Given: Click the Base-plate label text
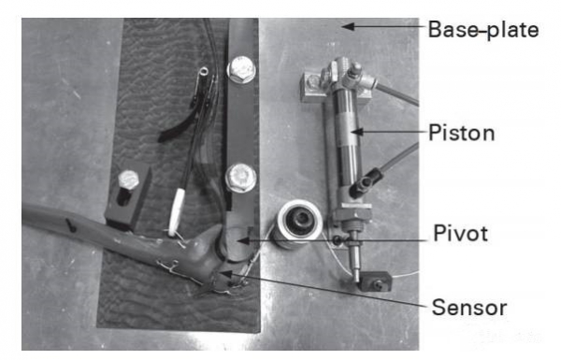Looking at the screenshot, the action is (x=483, y=29).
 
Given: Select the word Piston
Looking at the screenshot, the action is (x=462, y=133).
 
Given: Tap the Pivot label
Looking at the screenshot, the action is (x=460, y=234).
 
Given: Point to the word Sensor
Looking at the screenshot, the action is (x=469, y=308).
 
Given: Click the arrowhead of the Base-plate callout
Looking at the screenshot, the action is (x=348, y=26).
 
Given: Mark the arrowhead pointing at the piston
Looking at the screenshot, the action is (x=357, y=132).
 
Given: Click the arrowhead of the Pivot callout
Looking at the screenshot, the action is (x=243, y=240).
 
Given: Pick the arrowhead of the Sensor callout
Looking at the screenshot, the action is (x=225, y=275).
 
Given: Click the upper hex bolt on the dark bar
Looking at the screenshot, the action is (x=241, y=69).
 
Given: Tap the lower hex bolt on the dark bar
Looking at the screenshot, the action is (x=241, y=178).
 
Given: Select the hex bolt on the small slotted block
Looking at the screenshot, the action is (x=128, y=180).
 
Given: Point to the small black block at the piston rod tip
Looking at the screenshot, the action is (x=375, y=281).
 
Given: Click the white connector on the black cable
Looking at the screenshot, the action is (x=177, y=212).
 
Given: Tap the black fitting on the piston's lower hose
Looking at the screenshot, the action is (x=365, y=181).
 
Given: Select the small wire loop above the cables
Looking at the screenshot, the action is (x=204, y=72).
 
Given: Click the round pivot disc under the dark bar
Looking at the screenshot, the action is (x=235, y=243).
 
